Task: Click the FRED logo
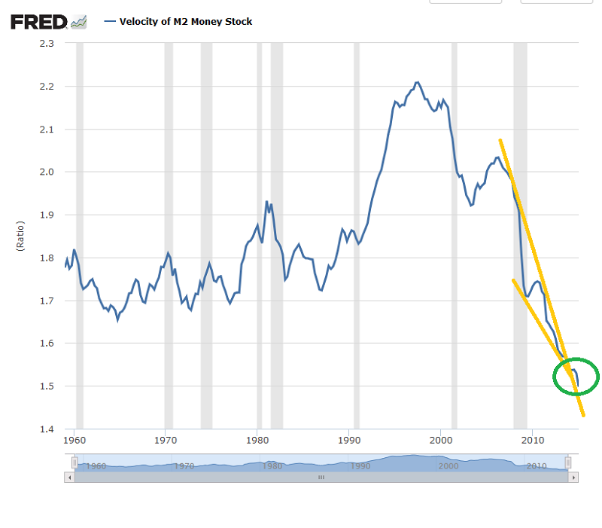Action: pos(40,22)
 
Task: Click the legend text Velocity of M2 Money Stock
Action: pos(186,22)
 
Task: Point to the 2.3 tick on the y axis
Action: pos(46,44)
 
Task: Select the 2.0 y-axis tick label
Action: pos(46,172)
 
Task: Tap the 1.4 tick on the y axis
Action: pos(46,429)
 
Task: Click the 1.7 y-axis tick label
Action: pos(46,301)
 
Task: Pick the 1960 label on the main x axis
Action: pos(73,439)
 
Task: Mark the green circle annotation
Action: pos(576,376)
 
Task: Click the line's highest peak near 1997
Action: pos(418,82)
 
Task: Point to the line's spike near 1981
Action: pos(266,201)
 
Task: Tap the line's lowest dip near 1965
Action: pos(118,319)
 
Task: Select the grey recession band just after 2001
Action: pos(454,226)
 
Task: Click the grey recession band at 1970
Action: pos(169,226)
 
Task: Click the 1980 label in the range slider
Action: pos(272,466)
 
